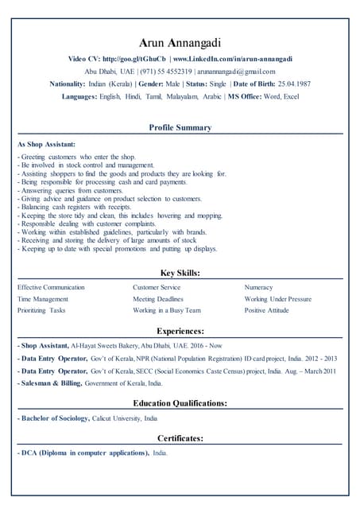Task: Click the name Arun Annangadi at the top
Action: (x=180, y=42)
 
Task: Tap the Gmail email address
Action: (x=235, y=72)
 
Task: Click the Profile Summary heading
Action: (x=180, y=127)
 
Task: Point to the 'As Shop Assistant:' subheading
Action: (x=46, y=145)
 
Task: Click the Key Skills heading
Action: (x=180, y=273)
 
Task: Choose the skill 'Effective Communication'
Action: (x=51, y=287)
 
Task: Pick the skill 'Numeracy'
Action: (x=258, y=287)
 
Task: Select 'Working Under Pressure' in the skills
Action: (x=278, y=299)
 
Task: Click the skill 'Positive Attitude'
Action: (x=267, y=310)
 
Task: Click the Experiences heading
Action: (x=180, y=330)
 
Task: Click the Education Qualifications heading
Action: (x=180, y=403)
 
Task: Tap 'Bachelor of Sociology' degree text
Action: (x=55, y=418)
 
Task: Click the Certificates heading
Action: (x=180, y=438)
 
